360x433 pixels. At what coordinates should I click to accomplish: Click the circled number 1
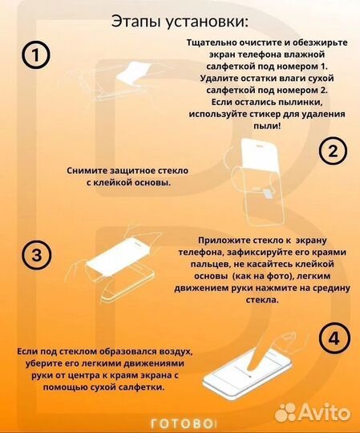click(35, 55)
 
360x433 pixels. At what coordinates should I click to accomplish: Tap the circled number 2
click(333, 151)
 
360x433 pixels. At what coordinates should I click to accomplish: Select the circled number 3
click(37, 255)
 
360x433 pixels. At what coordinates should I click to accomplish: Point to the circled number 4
click(334, 338)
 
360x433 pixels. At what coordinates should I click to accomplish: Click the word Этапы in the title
click(136, 22)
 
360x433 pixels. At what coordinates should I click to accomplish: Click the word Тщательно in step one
click(211, 42)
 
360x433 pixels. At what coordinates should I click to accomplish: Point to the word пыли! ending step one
click(267, 126)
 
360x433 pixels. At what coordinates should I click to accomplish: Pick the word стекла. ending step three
click(262, 300)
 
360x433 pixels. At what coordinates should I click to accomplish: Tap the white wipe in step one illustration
click(133, 73)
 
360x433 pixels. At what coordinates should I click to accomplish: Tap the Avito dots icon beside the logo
click(285, 413)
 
